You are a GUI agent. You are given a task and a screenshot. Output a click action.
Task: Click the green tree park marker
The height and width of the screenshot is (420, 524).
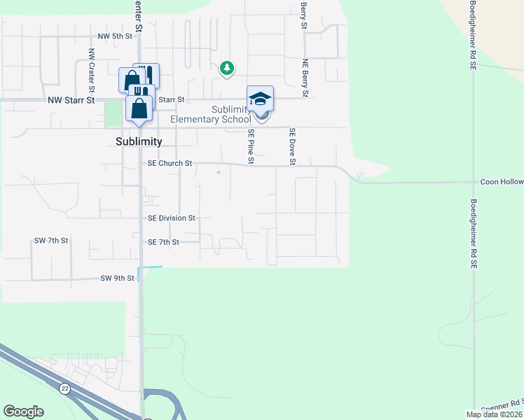click(226, 68)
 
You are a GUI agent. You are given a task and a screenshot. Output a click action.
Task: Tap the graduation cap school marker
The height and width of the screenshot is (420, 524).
click(260, 99)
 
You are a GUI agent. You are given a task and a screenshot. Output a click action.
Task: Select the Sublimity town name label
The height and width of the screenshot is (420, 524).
click(139, 141)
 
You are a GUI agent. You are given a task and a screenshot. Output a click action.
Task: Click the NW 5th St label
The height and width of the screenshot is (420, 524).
click(115, 36)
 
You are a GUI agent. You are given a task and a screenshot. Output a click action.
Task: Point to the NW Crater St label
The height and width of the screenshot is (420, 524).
click(91, 71)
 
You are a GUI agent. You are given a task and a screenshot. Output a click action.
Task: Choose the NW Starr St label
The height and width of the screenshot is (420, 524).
click(71, 101)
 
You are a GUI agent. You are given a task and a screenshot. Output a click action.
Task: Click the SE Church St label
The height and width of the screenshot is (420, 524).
click(170, 164)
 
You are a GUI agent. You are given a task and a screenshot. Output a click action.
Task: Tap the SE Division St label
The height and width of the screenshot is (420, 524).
click(172, 218)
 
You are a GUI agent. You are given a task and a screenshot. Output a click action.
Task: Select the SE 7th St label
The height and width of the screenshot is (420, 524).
click(164, 242)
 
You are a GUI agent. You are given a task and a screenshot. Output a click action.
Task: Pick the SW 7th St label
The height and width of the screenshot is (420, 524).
click(51, 241)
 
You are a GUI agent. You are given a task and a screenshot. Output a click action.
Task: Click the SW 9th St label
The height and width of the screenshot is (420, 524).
click(117, 279)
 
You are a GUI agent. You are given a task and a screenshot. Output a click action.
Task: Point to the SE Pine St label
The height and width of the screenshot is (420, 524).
click(251, 146)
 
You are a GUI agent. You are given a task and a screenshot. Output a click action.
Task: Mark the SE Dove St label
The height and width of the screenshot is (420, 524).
click(293, 146)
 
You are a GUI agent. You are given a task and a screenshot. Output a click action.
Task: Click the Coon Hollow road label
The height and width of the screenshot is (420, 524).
click(502, 182)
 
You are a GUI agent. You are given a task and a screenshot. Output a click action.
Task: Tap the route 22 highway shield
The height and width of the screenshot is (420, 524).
click(64, 388)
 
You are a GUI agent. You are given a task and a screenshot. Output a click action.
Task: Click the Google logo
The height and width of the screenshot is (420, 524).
click(23, 412)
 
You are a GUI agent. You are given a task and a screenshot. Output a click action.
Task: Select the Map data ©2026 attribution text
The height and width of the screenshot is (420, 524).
click(495, 414)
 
